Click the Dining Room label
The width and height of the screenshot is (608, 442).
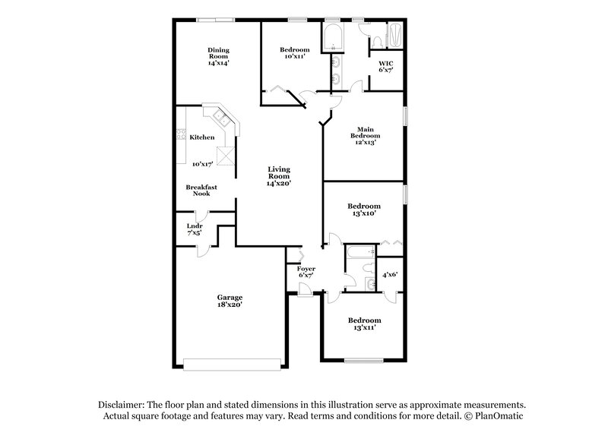219,51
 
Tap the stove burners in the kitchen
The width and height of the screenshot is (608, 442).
181,136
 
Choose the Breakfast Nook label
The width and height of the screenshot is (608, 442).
201,190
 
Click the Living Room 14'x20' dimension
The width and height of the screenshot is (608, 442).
278,183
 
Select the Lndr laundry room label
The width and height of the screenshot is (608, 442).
195,226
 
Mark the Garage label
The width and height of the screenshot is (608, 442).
230,297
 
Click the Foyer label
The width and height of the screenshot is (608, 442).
306,268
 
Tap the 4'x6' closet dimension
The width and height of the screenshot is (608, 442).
390,274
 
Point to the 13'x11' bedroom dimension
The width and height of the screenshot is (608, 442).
363,328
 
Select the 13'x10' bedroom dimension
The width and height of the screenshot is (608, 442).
363,214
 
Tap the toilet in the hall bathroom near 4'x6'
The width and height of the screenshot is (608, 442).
369,284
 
